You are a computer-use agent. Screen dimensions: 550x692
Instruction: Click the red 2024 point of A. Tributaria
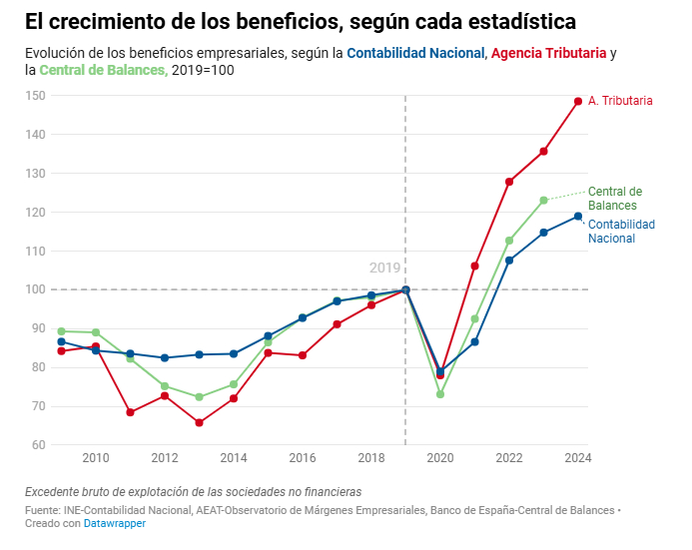[578, 101]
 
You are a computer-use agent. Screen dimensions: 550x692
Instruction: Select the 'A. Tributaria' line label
[620, 101]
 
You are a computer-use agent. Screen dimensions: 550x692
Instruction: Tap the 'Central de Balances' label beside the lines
[614, 198]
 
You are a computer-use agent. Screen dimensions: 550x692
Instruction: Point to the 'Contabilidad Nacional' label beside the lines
[621, 232]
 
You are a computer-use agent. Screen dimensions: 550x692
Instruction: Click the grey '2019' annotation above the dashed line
[384, 268]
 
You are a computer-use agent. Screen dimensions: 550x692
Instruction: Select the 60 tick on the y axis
[38, 445]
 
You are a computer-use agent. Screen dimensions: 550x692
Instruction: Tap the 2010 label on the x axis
[96, 458]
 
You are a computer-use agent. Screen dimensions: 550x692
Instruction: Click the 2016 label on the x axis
[303, 458]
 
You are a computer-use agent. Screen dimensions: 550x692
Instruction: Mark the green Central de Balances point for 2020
[440, 394]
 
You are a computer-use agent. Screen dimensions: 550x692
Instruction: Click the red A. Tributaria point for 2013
[199, 423]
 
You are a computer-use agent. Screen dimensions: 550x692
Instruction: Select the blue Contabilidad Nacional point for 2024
[578, 217]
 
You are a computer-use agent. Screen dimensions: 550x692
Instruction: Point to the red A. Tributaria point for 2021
[475, 267]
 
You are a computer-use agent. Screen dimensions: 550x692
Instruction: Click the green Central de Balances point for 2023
[544, 200]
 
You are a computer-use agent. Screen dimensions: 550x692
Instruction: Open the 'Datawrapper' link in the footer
[114, 524]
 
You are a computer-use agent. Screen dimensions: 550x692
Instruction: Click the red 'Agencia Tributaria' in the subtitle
[548, 53]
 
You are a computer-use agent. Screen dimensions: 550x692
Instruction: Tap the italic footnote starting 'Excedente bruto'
[193, 492]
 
